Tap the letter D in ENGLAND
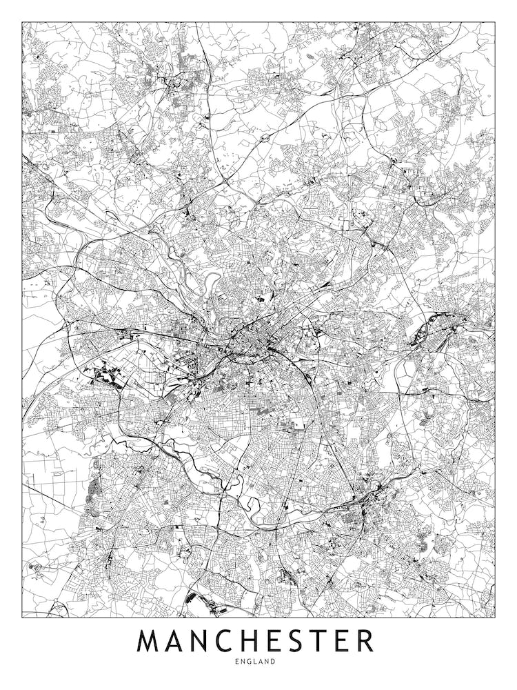(274, 661)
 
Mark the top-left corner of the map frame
(22, 22)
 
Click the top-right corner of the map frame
(495, 22)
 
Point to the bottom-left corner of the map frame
(22, 616)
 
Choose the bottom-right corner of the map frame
(495, 616)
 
